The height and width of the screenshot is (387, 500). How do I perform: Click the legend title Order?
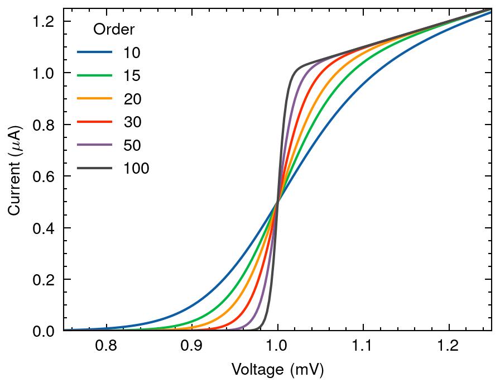[x=114, y=29]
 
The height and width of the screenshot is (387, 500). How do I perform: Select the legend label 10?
[x=132, y=53]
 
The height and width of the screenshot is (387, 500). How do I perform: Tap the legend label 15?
[x=132, y=76]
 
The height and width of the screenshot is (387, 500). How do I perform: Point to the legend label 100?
[x=137, y=168]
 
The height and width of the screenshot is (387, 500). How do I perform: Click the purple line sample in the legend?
[x=95, y=145]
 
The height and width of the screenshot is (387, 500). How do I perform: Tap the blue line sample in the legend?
[x=95, y=53]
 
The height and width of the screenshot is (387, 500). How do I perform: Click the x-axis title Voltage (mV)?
[x=277, y=370]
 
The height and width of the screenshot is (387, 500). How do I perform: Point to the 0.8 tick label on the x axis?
[x=106, y=346]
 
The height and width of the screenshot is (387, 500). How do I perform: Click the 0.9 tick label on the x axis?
[x=191, y=346]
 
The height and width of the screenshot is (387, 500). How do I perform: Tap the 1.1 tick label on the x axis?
[x=363, y=346]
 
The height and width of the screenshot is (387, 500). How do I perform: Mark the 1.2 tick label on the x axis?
[x=448, y=346]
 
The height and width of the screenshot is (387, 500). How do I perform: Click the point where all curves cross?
[x=277, y=202]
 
